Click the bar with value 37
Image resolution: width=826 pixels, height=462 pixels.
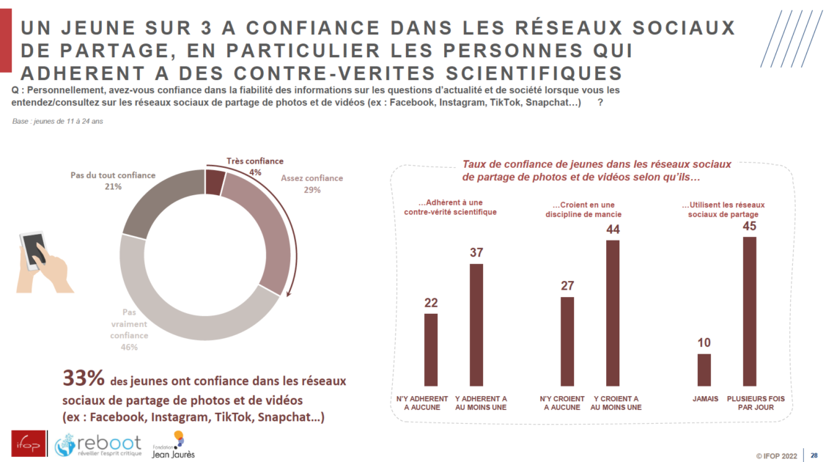pos(476,324)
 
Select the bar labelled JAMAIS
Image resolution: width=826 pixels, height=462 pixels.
pos(704,370)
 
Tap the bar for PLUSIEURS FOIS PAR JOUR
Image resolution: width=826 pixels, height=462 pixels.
pos(749,311)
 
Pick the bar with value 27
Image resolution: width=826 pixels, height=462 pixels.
pos(567,341)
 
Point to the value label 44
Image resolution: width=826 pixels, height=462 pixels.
pos(612,230)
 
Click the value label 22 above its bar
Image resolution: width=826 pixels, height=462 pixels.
pos(431,303)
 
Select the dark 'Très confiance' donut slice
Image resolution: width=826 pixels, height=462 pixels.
pos(215,182)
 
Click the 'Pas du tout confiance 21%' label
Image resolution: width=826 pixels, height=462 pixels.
pos(113,181)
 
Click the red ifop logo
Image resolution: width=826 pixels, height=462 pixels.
pos(26,442)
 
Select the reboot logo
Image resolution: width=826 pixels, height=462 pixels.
pos(97,444)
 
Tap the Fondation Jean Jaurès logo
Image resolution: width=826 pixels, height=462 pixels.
pos(174,444)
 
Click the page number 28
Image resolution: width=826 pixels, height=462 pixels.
pos(814,455)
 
